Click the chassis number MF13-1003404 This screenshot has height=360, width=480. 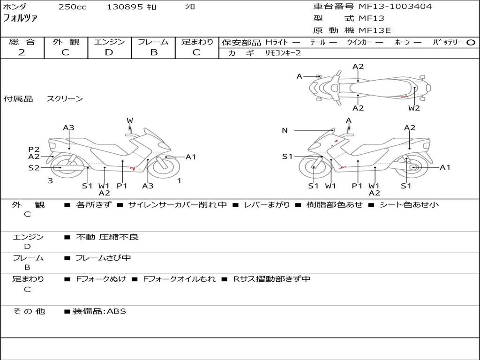pyautogui.click(x=395, y=7)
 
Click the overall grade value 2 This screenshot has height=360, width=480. pyautogui.click(x=22, y=52)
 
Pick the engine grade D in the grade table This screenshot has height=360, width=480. pyautogui.click(x=109, y=52)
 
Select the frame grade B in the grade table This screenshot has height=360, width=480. pyautogui.click(x=153, y=52)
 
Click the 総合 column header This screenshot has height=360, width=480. pyautogui.click(x=22, y=42)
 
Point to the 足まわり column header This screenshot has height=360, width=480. pyautogui.click(x=197, y=42)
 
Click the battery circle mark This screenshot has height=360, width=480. pyautogui.click(x=471, y=42)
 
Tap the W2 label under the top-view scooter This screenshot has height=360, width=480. pyautogui.click(x=414, y=108)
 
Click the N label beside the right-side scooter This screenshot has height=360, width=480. pyautogui.click(x=285, y=130)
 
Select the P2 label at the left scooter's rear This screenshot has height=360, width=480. pyautogui.click(x=34, y=150)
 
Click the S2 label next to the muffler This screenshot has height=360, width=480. pyautogui.click(x=34, y=167)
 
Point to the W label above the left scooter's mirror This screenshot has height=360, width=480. pyautogui.click(x=130, y=121)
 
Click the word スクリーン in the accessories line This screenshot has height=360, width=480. pyautogui.click(x=65, y=98)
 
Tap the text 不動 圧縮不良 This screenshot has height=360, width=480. pyautogui.click(x=107, y=237)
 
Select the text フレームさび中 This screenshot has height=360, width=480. pyautogui.click(x=103, y=258)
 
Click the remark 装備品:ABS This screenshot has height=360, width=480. pyautogui.click(x=99, y=311)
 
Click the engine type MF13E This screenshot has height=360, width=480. pyautogui.click(x=375, y=30)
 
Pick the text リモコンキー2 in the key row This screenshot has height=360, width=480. pyautogui.click(x=283, y=53)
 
